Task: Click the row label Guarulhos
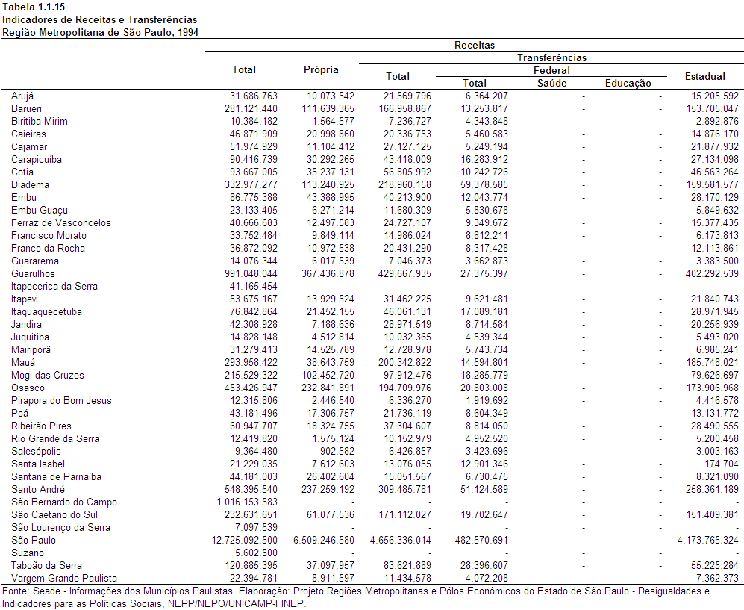coord(33,274)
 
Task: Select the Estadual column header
coord(704,76)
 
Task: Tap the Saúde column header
coord(551,83)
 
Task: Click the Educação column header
coord(628,83)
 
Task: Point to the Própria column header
coord(321,69)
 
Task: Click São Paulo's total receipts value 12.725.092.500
coord(244,541)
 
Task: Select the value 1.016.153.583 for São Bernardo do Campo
coord(247,502)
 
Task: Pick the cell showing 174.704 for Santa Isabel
coord(721,464)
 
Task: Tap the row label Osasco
coord(28,388)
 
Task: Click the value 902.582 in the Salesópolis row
coord(337,452)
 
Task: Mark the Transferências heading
coord(551,58)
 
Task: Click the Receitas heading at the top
coord(475,45)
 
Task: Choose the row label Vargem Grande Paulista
coord(64,578)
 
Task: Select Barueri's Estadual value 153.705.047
coord(712,109)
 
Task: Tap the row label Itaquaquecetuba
coord(46,312)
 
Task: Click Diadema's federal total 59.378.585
coord(484,184)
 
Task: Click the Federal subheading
coord(551,71)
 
